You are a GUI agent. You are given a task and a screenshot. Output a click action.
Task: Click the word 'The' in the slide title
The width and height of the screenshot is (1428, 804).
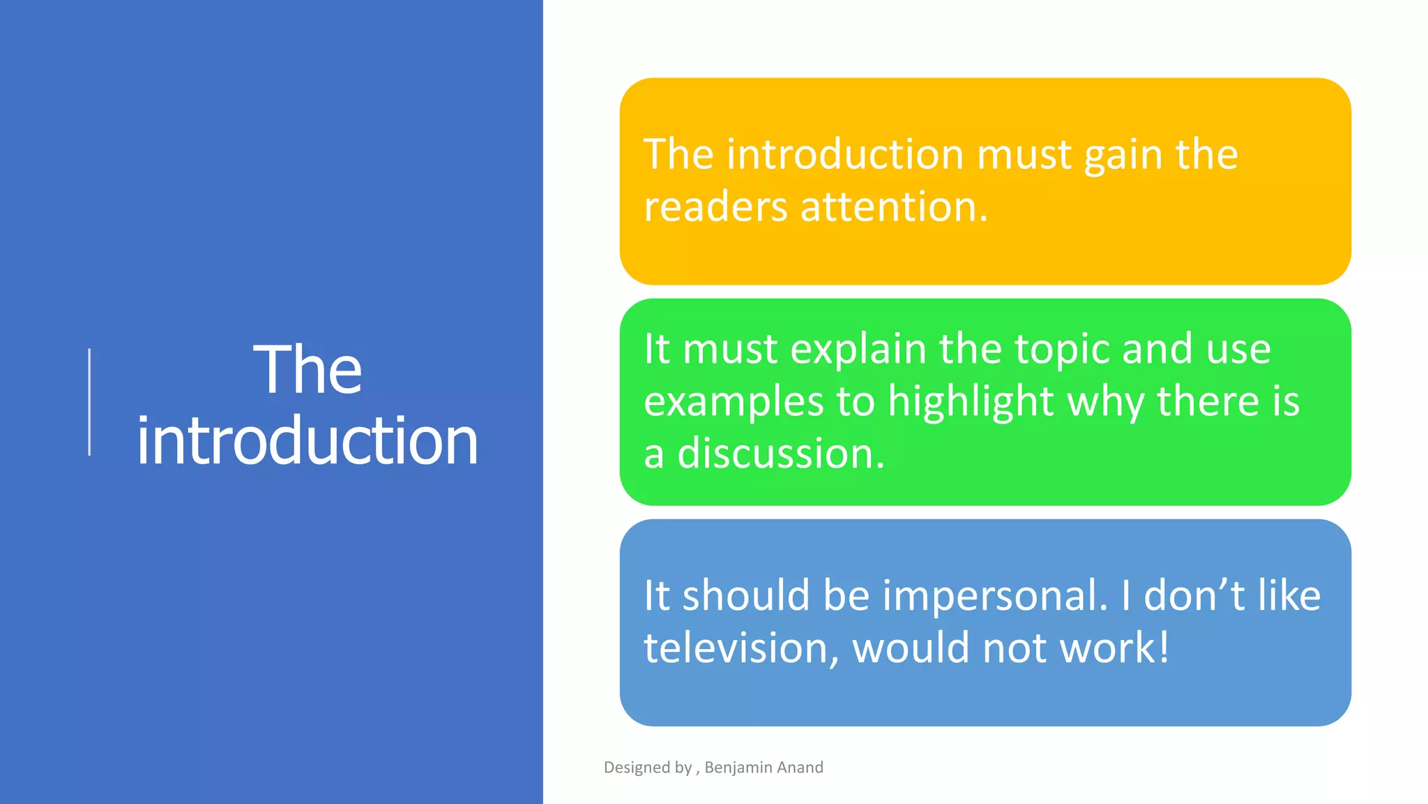307,370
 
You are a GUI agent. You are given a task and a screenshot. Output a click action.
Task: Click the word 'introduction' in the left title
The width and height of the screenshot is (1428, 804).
307,441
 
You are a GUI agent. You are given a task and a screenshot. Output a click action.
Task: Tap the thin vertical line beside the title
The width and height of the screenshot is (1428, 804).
89,402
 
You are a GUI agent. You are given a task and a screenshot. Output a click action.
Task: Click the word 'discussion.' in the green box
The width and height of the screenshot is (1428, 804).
781,454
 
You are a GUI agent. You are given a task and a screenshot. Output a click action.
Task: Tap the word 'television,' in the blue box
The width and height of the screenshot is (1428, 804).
741,648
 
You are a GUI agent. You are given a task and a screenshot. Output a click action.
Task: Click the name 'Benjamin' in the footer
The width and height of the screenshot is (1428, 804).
738,768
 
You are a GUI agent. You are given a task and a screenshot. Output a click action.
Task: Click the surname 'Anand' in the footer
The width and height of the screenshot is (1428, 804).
800,768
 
